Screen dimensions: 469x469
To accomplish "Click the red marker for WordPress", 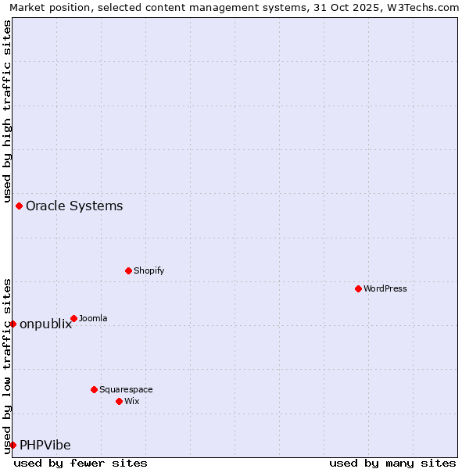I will pos(358,288).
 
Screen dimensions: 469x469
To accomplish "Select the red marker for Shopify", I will pos(128,270).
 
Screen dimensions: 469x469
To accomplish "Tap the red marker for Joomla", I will pos(73,318).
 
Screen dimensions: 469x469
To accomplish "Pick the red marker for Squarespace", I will pos(94,389).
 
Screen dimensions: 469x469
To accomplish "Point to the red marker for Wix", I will pos(119,401).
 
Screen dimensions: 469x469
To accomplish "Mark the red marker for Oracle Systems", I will pos(19,206).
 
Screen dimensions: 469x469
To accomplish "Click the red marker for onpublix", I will pos(13,324).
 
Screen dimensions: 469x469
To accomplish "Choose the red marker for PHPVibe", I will pos(13,445).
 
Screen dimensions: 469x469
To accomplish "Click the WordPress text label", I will pos(385,288).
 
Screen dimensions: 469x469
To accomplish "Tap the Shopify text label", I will pos(149,270).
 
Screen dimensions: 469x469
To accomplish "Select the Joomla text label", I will pos(94,318).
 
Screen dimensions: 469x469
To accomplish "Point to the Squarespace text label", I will pos(127,389).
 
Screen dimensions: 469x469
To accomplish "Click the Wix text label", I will pos(132,401).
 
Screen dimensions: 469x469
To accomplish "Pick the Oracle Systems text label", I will pos(74,206).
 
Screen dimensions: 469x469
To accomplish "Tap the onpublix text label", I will pos(46,324).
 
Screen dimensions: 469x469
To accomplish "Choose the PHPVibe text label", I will pos(45,446).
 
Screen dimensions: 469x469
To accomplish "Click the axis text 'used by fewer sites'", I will pos(81,463).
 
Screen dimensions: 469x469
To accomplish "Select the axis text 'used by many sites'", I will pos(392,463).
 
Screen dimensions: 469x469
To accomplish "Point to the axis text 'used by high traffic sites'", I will pos(7,109).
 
